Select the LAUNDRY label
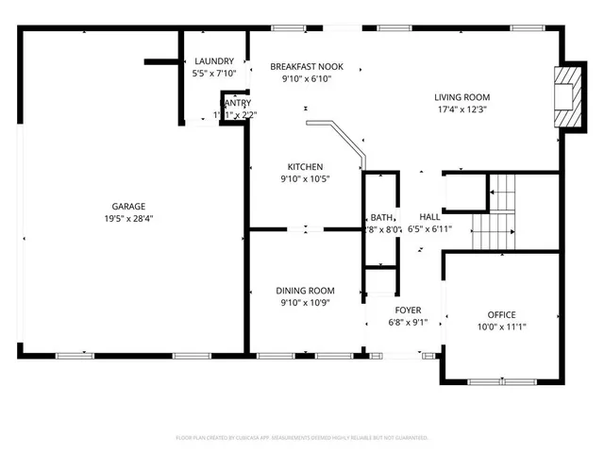coord(213,61)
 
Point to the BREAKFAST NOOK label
coord(307,67)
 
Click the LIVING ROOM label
coord(461,96)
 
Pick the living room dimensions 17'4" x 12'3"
coord(461,109)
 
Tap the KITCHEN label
coord(305,167)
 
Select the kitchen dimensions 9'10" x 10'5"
coord(305,179)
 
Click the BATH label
coord(381,217)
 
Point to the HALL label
coord(429,216)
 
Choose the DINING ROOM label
coord(305,291)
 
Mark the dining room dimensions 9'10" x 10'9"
coord(305,303)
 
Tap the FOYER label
coord(408,310)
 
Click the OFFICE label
coord(501,314)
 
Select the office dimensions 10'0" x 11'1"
coord(501,327)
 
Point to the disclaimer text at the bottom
coord(302,438)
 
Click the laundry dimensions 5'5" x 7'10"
coord(213,74)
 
